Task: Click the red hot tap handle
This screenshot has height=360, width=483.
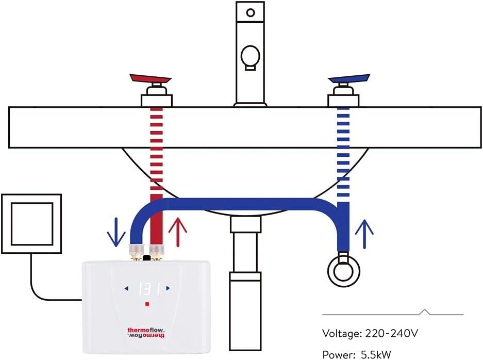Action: (150, 79)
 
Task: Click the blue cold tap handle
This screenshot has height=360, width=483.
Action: (349, 79)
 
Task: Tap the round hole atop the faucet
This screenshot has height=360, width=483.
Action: (251, 12)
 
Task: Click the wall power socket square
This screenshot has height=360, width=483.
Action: (31, 223)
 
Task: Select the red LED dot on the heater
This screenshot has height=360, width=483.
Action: (147, 304)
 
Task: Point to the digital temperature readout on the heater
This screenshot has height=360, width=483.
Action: (147, 288)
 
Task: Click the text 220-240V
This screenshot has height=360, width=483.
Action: (391, 333)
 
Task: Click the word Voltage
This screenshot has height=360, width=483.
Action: (341, 334)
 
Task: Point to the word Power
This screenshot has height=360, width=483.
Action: (337, 355)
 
